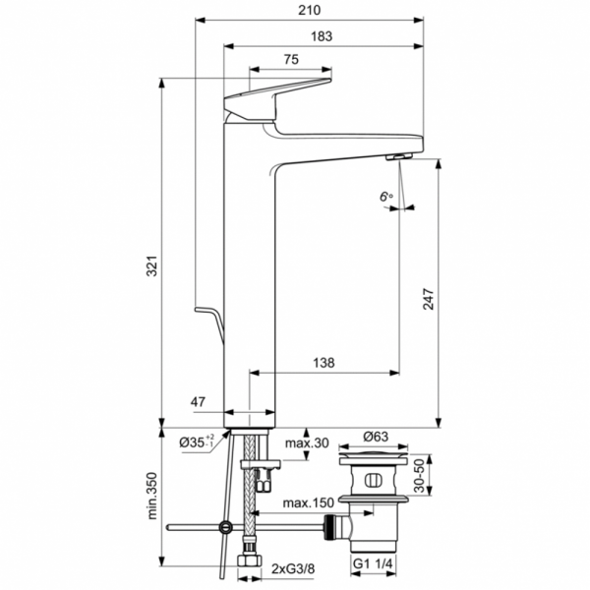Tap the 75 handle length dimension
(291, 60)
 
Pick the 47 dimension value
(198, 401)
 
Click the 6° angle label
(385, 198)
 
